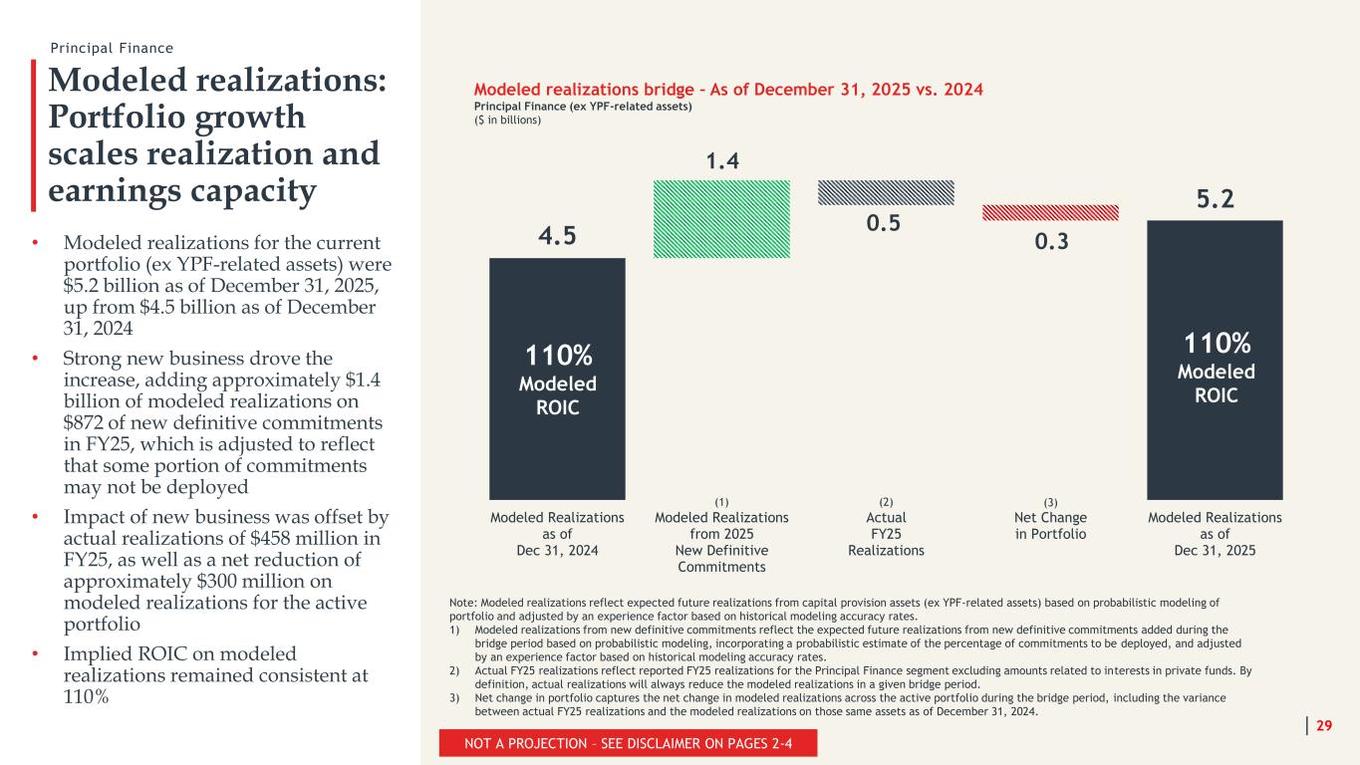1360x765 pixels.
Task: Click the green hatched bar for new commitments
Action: click(721, 219)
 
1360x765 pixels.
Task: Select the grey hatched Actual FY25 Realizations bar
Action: click(886, 192)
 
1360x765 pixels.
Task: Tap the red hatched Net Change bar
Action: click(1050, 212)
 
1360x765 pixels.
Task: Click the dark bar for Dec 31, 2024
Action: click(557, 379)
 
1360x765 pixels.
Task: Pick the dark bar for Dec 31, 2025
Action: click(1215, 360)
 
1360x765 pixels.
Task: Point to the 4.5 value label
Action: click(557, 235)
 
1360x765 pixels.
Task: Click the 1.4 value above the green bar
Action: click(722, 161)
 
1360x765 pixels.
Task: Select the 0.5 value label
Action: click(884, 223)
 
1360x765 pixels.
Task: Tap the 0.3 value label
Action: click(1051, 242)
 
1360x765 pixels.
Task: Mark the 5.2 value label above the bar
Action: click(1215, 199)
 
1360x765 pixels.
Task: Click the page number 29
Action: click(1324, 725)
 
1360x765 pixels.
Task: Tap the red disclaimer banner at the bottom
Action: click(628, 743)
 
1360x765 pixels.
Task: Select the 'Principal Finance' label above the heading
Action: click(112, 48)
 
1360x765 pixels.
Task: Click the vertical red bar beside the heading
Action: click(34, 135)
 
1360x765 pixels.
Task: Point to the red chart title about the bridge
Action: click(728, 90)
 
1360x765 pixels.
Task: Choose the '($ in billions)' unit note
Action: click(507, 121)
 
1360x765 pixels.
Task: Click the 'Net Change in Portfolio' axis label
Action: click(1050, 526)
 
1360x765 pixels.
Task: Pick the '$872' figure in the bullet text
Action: click(82, 422)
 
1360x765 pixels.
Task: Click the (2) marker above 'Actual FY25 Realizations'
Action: click(886, 502)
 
